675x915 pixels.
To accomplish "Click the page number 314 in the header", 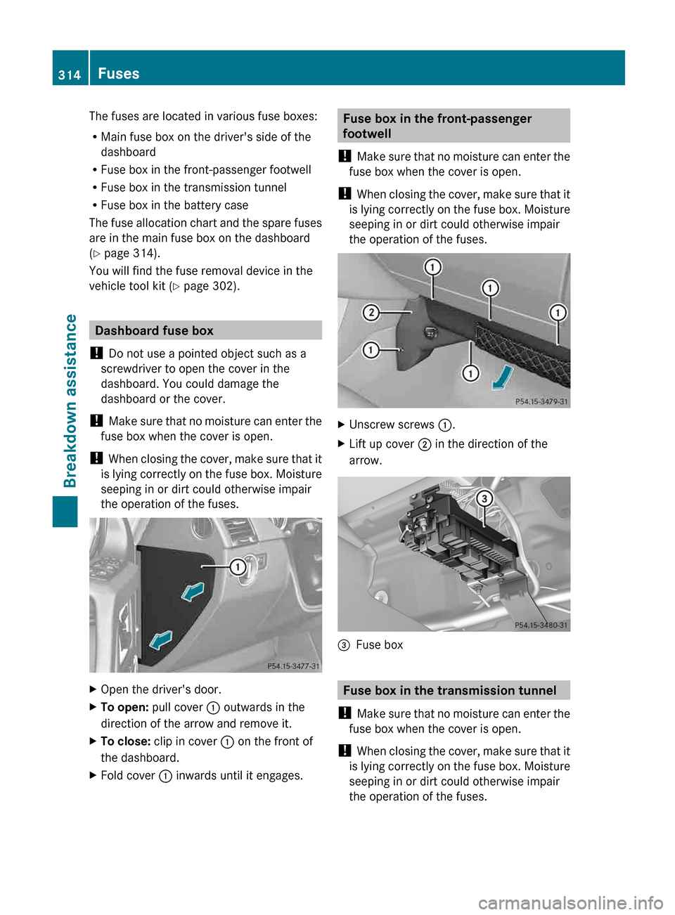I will point(70,74).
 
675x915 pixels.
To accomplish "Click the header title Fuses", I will point(118,74).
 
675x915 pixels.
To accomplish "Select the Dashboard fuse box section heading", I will point(154,330).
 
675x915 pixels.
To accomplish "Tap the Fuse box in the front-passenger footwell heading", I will point(437,126).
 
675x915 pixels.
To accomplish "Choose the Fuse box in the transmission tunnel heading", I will point(449,690).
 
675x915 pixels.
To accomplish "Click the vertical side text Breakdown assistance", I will point(70,401).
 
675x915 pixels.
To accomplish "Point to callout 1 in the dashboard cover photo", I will point(238,567).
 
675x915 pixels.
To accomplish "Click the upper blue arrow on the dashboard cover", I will point(193,592).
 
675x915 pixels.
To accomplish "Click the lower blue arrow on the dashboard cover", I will point(161,640).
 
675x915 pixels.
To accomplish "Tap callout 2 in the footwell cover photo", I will point(371,313).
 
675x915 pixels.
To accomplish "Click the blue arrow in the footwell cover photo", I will point(502,377).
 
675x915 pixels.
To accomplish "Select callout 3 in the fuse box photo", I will point(484,499).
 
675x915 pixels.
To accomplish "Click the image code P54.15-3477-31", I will point(293,666).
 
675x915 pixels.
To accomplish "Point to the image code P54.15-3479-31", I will point(541,402).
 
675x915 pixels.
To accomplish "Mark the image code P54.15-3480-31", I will point(541,625).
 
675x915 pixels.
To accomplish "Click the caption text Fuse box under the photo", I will point(379,645).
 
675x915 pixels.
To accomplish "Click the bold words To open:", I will point(124,707).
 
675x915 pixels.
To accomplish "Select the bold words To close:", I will point(125,741).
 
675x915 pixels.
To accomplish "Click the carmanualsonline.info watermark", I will point(570,902).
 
